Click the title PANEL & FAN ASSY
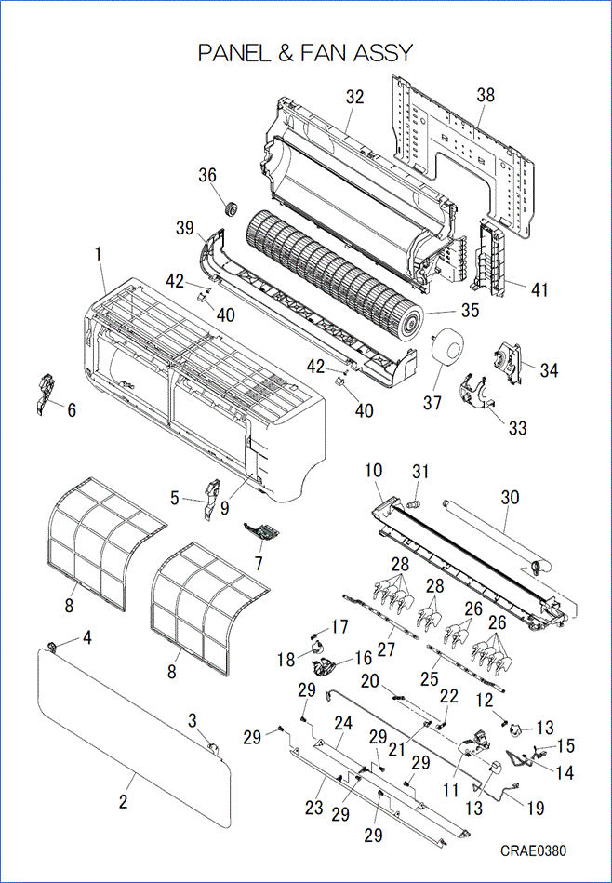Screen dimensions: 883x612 (305, 53)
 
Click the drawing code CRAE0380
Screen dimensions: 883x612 (532, 850)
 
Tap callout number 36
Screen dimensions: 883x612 (206, 175)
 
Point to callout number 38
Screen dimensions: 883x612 (486, 95)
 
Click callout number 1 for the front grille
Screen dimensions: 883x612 (99, 253)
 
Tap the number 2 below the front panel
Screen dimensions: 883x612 (123, 802)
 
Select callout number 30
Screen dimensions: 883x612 (509, 498)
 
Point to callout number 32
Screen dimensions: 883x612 (354, 97)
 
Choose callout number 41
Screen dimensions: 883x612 (539, 288)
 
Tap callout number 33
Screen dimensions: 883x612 (517, 427)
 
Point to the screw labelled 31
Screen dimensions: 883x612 (417, 502)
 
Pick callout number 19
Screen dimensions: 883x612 (535, 809)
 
